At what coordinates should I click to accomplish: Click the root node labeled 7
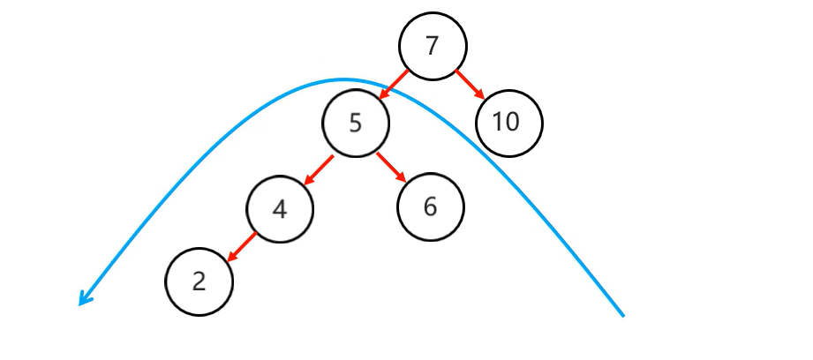pos(432,46)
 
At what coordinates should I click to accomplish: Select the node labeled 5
pos(356,124)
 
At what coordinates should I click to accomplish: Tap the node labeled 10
pos(508,123)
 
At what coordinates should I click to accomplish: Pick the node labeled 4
pos(280,209)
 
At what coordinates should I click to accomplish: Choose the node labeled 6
pos(431,208)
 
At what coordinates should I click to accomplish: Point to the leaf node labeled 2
pos(199,282)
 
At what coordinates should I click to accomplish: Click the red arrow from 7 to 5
pos(393,85)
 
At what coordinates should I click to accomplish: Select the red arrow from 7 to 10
pos(470,85)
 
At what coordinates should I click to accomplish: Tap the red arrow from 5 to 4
pos(318,170)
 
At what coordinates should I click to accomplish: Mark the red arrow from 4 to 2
pos(241,247)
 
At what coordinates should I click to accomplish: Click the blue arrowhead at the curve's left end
pos(82,301)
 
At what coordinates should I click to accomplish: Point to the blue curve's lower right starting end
pos(622,314)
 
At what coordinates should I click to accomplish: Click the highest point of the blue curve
pos(344,79)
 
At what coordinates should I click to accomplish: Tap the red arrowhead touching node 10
pos(481,95)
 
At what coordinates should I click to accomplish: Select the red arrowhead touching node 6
pos(403,180)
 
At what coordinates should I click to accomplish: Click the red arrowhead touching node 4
pos(307,181)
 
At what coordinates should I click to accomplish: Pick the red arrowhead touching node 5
pos(382,95)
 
